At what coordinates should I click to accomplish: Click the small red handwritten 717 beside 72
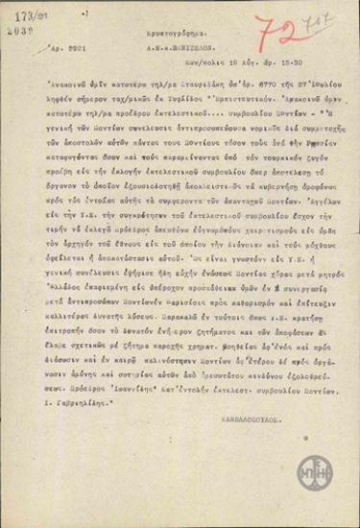(x=312, y=18)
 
